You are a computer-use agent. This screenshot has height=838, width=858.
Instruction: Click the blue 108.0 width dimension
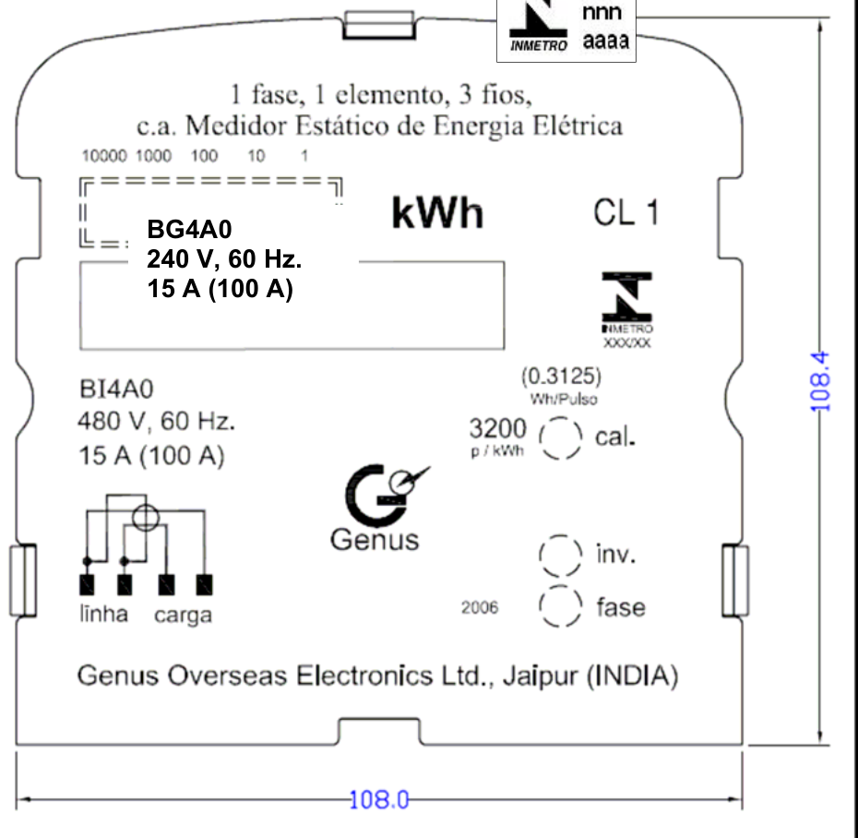click(x=378, y=799)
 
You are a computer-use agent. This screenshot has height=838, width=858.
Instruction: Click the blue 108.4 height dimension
click(x=819, y=381)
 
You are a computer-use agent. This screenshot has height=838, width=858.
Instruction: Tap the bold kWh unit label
click(x=437, y=213)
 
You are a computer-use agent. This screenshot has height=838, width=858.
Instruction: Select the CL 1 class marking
click(x=626, y=213)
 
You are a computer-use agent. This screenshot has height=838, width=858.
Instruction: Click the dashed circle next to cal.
click(x=560, y=418)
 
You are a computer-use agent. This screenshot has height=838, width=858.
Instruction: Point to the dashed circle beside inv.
click(x=560, y=535)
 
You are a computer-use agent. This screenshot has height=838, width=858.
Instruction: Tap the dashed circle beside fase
click(x=560, y=586)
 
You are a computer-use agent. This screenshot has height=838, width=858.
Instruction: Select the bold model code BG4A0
click(x=189, y=229)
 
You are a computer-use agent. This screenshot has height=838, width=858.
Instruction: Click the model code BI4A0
click(x=116, y=389)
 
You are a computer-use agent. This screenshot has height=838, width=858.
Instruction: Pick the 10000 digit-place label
click(x=104, y=156)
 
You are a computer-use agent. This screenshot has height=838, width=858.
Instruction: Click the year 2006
click(x=480, y=607)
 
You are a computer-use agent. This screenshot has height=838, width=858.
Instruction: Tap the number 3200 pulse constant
click(x=498, y=428)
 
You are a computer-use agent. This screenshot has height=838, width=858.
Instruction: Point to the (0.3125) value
click(x=562, y=377)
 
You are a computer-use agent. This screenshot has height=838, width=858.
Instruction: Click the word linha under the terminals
click(x=104, y=614)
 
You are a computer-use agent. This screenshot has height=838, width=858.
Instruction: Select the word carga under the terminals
click(x=183, y=616)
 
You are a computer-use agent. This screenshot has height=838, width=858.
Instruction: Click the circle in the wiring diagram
click(x=146, y=505)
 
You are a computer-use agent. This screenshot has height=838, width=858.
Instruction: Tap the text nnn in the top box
click(x=602, y=12)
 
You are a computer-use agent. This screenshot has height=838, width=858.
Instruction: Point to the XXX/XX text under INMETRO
click(x=627, y=343)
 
